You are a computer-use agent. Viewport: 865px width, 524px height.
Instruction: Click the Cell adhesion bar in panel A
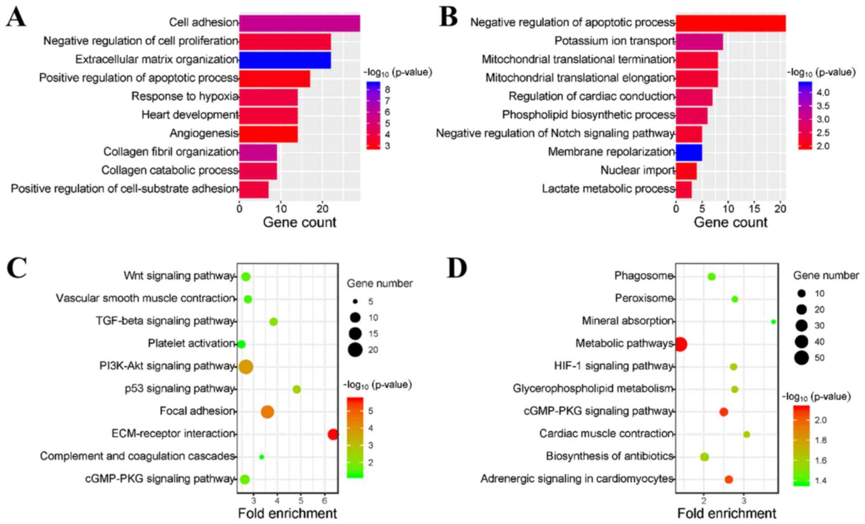click(x=299, y=23)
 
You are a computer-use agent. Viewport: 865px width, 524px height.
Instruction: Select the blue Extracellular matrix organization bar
click(x=285, y=60)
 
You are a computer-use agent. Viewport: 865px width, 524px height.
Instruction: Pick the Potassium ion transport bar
click(x=699, y=42)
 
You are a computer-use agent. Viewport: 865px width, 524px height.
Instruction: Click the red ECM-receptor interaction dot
click(x=333, y=435)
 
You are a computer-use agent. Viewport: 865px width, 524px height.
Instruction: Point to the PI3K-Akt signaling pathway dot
click(x=246, y=367)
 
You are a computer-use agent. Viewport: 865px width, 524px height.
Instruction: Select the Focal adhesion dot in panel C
click(x=267, y=412)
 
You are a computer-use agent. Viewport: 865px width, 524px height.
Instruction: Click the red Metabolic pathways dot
click(x=681, y=344)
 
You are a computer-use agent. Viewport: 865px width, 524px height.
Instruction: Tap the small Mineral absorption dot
click(x=773, y=322)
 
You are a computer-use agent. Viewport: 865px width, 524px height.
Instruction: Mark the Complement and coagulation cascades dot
click(x=261, y=457)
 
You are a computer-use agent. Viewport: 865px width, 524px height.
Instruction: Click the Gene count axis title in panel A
click(x=299, y=222)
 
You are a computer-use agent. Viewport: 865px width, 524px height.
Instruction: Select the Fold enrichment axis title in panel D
click(x=727, y=514)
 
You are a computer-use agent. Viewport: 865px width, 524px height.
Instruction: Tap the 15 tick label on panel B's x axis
click(x=754, y=209)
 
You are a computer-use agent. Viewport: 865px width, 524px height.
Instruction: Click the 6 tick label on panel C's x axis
click(x=324, y=501)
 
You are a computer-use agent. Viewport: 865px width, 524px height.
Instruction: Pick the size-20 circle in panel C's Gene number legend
click(x=355, y=350)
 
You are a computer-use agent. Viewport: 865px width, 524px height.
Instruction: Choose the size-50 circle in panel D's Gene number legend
click(x=802, y=358)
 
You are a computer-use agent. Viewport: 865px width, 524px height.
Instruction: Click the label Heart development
click(x=189, y=115)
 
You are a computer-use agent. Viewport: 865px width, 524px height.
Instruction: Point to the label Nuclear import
click(x=637, y=170)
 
